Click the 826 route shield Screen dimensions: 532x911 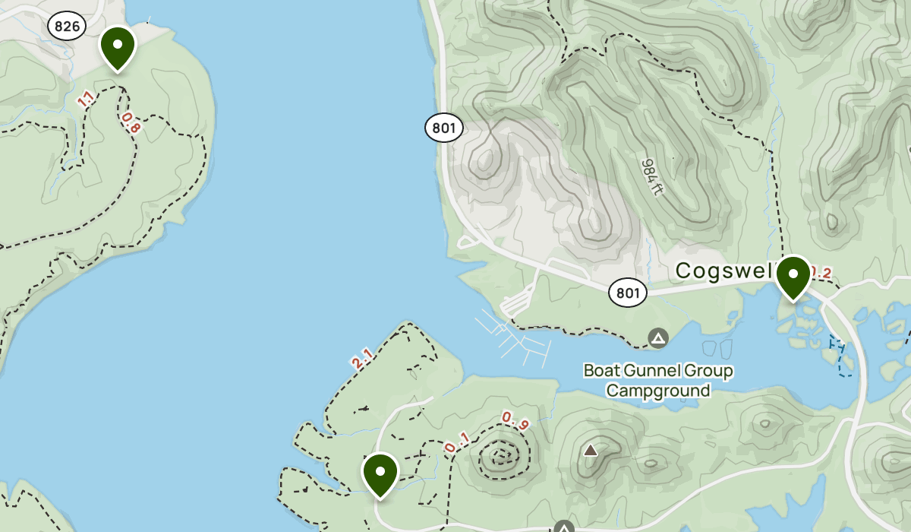click(x=67, y=27)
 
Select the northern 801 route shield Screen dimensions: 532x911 click(x=443, y=128)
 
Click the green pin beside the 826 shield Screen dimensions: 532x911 click(x=118, y=47)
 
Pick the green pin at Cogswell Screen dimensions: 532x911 click(x=793, y=277)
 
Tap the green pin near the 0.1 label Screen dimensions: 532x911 click(x=380, y=473)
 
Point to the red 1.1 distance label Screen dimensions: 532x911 click(x=86, y=99)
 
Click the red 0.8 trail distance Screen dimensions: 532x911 click(x=131, y=123)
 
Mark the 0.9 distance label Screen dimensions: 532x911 click(x=515, y=420)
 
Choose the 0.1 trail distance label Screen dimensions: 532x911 click(x=456, y=442)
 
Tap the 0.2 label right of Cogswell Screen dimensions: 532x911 click(x=821, y=272)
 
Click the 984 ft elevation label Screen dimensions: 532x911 click(x=651, y=176)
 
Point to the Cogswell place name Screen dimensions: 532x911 click(x=723, y=271)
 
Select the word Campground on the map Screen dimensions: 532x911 click(x=657, y=391)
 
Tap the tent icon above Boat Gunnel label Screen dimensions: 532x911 click(x=658, y=337)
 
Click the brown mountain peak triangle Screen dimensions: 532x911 click(x=591, y=450)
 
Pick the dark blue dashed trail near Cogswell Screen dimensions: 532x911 click(x=839, y=357)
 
